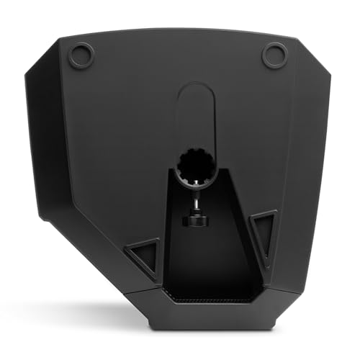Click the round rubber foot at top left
click(x=81, y=55)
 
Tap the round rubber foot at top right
click(x=274, y=55)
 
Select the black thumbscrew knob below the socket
click(x=194, y=217)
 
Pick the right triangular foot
click(x=265, y=232)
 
